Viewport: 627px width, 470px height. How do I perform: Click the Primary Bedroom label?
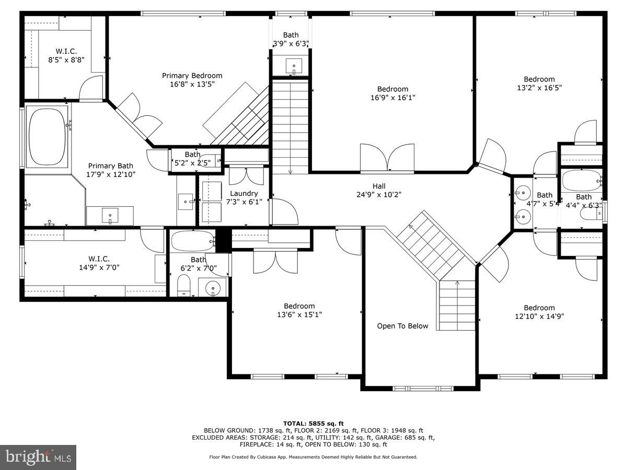[192, 76]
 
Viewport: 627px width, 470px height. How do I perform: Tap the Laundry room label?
[244, 193]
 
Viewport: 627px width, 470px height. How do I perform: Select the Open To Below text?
[402, 326]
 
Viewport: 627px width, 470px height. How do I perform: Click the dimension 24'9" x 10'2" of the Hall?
[379, 195]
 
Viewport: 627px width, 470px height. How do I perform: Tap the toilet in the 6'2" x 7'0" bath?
[183, 285]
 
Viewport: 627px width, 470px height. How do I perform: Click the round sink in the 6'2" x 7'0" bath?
[213, 288]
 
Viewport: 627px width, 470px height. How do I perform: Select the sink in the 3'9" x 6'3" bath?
[294, 66]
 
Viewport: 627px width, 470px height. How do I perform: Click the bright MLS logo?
[39, 457]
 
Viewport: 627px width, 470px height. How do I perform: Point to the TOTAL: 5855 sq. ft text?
[313, 423]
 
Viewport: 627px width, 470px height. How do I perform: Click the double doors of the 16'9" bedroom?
[387, 158]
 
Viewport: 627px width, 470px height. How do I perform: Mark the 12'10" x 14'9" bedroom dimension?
[539, 316]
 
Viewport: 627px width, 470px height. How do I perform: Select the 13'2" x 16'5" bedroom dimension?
[539, 88]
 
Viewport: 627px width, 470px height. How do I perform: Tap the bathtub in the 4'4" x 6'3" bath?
[582, 181]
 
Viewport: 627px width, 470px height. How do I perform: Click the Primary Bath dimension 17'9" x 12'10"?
[111, 175]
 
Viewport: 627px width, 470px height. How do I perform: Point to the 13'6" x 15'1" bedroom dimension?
[299, 314]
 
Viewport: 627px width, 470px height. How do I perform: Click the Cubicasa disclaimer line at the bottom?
[313, 457]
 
